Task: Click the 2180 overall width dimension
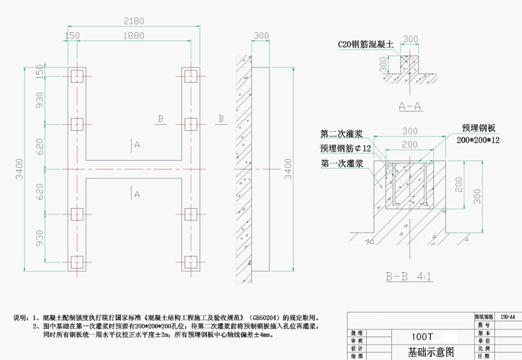133,21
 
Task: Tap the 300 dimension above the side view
261,36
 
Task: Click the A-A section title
411,107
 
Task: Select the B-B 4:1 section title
409,277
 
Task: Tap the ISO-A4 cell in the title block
508,316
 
